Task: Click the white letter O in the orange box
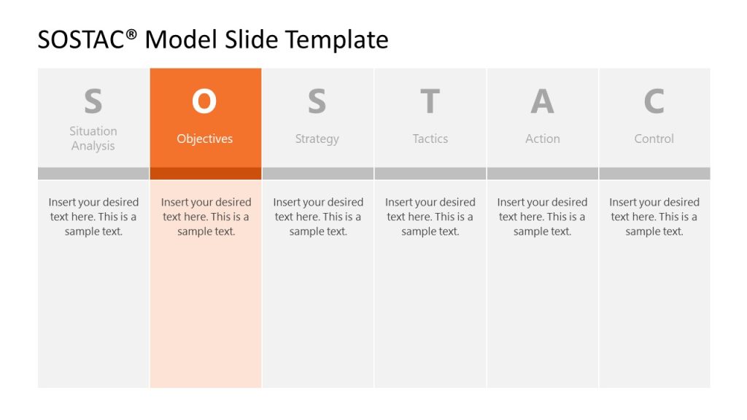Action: pyautogui.click(x=204, y=102)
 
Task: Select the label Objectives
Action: pyautogui.click(x=205, y=139)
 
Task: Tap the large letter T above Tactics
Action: pyautogui.click(x=430, y=102)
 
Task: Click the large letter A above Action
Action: pyautogui.click(x=542, y=102)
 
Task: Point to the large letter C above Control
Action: pyautogui.click(x=654, y=102)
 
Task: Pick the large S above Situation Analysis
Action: pyautogui.click(x=93, y=102)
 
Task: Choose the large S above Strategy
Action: pyautogui.click(x=317, y=102)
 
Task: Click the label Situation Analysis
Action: pyautogui.click(x=93, y=139)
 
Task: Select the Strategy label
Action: pyautogui.click(x=317, y=139)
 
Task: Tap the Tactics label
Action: pyautogui.click(x=430, y=139)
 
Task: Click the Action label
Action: pyautogui.click(x=543, y=139)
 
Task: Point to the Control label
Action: pyautogui.click(x=654, y=139)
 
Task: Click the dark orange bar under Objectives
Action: pyautogui.click(x=206, y=174)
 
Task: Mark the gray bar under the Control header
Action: pyautogui.click(x=654, y=174)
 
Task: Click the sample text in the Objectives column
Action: pyautogui.click(x=206, y=217)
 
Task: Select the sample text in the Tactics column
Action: pyautogui.click(x=430, y=217)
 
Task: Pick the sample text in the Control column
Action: pyautogui.click(x=654, y=217)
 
